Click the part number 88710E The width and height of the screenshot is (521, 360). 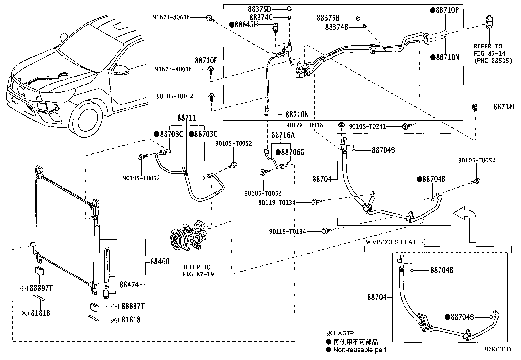206,61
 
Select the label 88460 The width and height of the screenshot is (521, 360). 160,261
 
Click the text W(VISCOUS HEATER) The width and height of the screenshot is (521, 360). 395,242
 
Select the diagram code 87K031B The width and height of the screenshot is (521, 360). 497,349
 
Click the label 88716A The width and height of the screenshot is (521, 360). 283,135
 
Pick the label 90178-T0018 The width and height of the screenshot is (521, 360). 304,125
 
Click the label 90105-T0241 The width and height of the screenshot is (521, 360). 367,126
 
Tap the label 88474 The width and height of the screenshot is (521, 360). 129,285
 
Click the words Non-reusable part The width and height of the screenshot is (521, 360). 360,350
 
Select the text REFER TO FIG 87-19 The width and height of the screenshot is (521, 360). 196,271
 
